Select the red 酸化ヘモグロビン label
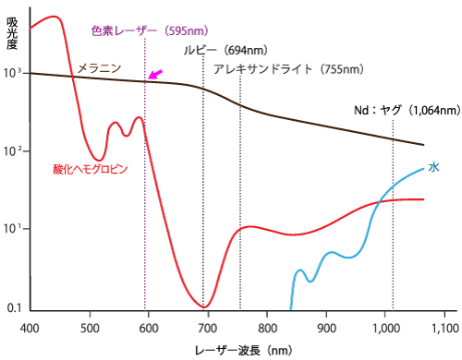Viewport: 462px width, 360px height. [x=91, y=169]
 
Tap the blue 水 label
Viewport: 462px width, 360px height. [x=433, y=167]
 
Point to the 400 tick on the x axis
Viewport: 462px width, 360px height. [x=30, y=327]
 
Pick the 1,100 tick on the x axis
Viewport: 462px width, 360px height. [x=444, y=327]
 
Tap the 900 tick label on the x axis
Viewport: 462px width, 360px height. [x=326, y=327]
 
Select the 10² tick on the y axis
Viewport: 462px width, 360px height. [x=12, y=151]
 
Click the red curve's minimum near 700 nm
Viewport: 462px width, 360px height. [x=206, y=306]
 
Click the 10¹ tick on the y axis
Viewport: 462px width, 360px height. [x=12, y=229]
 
